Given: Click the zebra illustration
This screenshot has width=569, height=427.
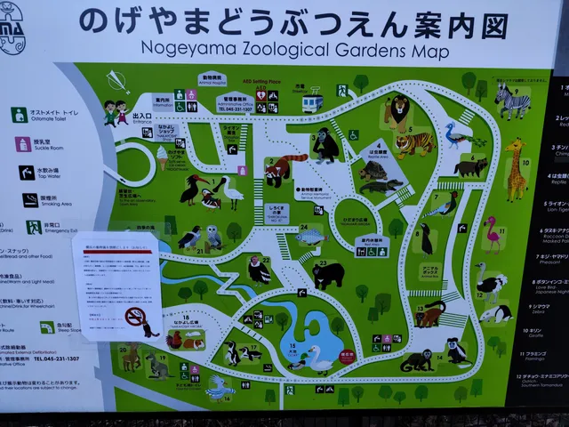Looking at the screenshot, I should [x=512, y=102].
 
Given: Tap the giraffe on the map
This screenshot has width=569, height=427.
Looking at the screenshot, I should [x=516, y=169].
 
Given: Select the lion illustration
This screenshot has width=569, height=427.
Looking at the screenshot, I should [x=397, y=112].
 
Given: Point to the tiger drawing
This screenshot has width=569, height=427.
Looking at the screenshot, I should [x=414, y=142].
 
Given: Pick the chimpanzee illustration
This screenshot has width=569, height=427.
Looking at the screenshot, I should [x=325, y=144].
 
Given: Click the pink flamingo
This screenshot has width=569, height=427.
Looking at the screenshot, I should [x=492, y=234].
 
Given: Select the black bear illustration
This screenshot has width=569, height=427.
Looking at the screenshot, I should [x=328, y=275].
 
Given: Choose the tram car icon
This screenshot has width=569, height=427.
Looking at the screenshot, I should [x=312, y=104].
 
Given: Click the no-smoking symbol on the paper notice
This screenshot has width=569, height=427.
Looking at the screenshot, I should [x=135, y=317].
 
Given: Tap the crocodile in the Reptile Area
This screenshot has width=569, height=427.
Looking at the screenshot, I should [x=381, y=188].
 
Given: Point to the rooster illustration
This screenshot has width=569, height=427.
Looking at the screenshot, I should [x=175, y=339].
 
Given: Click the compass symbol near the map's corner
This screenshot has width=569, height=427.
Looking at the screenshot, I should [x=117, y=81].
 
